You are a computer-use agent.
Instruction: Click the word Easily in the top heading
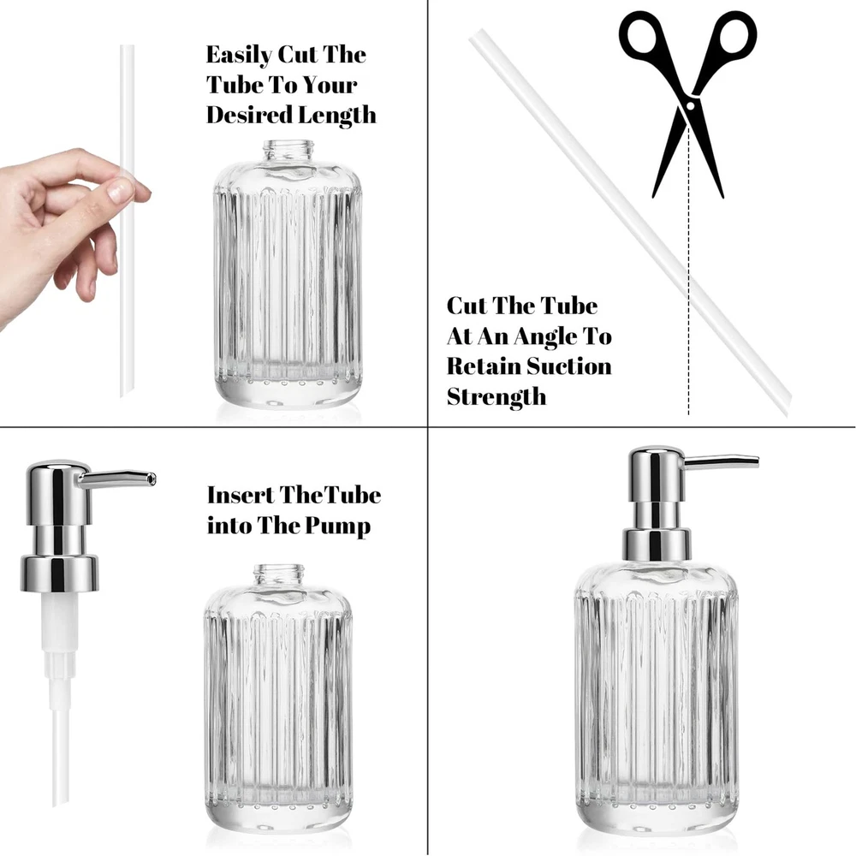point(239,55)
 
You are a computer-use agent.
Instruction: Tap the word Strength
point(496,396)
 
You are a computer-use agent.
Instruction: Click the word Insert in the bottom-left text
point(241,495)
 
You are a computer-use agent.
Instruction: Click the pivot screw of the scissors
point(690,104)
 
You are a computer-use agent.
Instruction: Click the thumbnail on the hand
point(120,189)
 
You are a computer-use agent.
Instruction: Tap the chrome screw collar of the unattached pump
point(60,574)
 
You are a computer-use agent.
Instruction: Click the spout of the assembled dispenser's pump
point(721,462)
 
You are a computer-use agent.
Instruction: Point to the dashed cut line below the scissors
point(688,270)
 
